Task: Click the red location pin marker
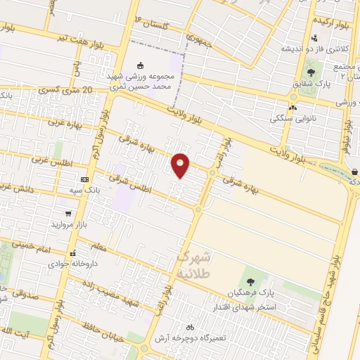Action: click(x=181, y=165)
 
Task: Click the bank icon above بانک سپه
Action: click(x=85, y=179)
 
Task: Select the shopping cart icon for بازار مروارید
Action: click(x=68, y=213)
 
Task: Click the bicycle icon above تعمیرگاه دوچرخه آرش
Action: click(x=189, y=327)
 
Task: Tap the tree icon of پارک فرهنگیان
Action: click(x=251, y=281)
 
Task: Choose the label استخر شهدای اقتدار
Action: click(x=245, y=308)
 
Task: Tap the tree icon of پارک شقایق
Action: click(x=311, y=72)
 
